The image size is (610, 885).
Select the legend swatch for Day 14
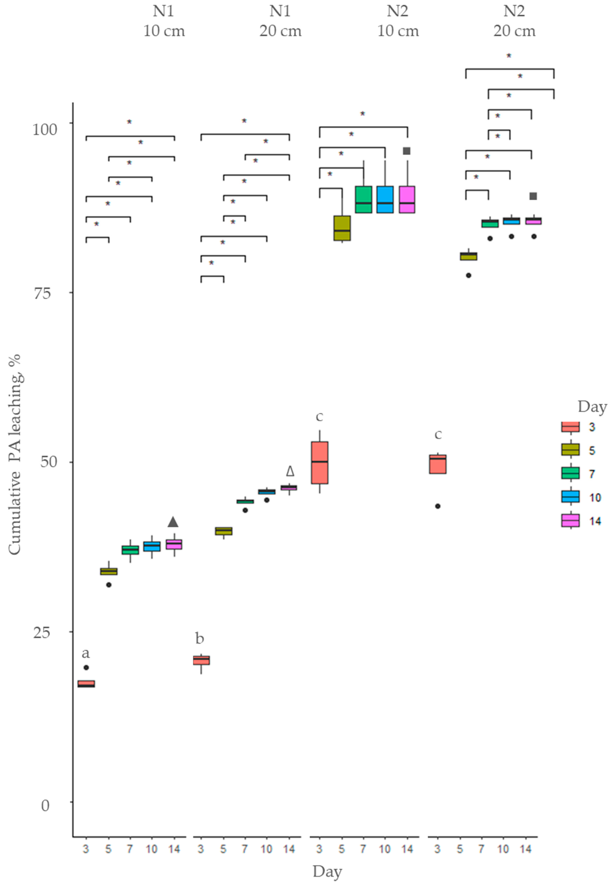[570, 521]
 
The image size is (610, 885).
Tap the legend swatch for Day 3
[570, 426]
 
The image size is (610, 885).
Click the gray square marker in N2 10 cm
[407, 151]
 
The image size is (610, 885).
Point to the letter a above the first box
[86, 653]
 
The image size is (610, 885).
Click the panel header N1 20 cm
[281, 21]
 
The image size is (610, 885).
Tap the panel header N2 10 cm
[398, 21]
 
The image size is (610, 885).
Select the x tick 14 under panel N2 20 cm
[526, 849]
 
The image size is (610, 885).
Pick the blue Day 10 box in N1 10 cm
[152, 546]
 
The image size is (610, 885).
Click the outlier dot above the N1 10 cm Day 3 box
[86, 667]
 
